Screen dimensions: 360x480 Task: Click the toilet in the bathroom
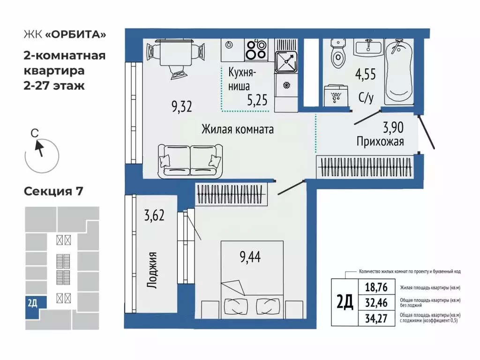coord(337,56)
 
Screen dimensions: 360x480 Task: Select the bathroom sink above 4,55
coord(367,48)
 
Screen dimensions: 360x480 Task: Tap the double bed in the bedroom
coord(252,279)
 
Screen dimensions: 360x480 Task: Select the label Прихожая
coord(380,141)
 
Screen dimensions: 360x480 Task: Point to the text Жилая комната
coord(237,129)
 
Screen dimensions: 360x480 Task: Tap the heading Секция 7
coord(53,191)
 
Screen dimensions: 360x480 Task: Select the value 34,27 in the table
coord(376,318)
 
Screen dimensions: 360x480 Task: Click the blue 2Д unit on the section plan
coord(32,303)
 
